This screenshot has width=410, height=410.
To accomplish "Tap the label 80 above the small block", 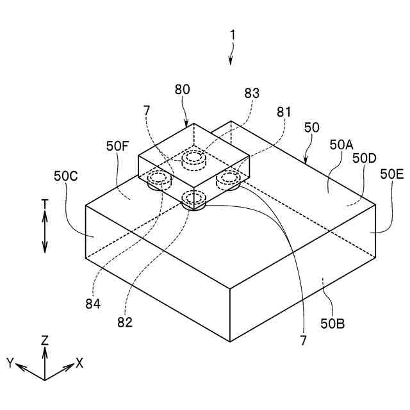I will (182, 90).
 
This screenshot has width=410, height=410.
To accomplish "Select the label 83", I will (252, 93).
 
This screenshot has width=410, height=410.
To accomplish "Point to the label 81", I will (283, 111).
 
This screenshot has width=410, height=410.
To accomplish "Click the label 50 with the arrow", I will (311, 127).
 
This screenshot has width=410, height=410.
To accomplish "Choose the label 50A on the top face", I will (341, 145).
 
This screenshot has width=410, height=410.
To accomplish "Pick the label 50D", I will (365, 158).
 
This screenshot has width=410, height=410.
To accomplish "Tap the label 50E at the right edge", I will (392, 174).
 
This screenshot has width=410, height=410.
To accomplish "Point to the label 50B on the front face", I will (332, 323).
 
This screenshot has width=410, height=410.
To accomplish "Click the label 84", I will (93, 304).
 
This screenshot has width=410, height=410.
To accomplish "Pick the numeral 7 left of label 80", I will (147, 111).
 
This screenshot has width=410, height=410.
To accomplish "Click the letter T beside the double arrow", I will (45, 204).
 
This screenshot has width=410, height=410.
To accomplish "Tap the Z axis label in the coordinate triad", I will (45, 341).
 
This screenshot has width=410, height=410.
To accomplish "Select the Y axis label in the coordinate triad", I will (11, 363).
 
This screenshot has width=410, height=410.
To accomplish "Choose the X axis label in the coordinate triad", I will (79, 363).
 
